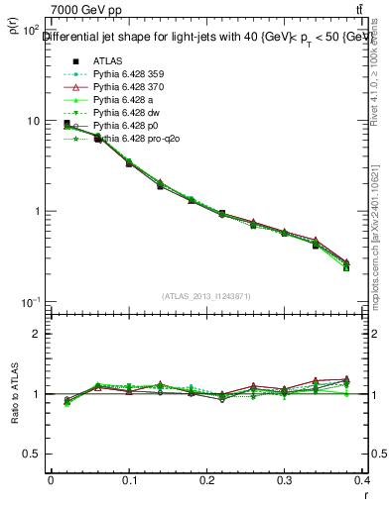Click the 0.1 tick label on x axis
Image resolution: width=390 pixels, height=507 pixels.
[129, 481]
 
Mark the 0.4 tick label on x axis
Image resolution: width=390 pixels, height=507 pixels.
[363, 481]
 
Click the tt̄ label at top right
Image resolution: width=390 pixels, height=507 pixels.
[371, 8]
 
